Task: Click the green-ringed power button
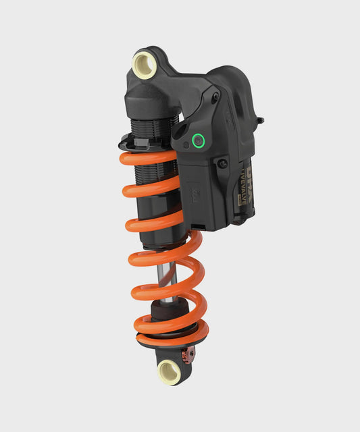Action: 198,140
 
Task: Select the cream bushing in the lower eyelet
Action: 169,370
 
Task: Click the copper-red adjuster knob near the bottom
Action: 190,352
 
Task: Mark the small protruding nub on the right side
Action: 260,121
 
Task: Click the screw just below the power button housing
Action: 222,163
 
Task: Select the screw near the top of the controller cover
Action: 215,97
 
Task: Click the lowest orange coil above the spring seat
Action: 169,327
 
